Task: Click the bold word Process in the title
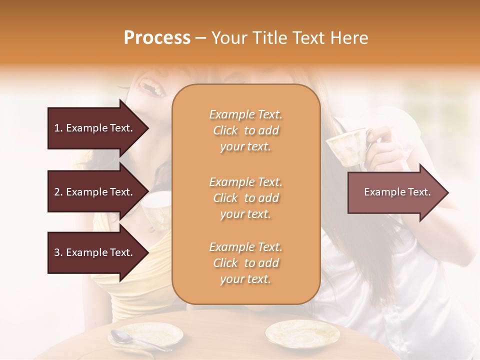pos(157,38)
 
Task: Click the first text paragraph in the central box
pos(245,130)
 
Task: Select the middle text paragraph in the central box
pos(245,198)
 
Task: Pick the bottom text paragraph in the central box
pos(245,263)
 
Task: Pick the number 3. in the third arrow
pos(58,252)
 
